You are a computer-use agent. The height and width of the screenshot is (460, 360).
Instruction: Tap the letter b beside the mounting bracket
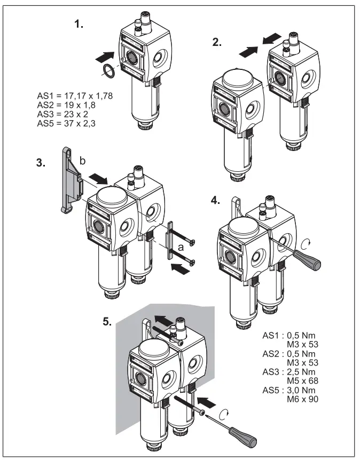(81, 160)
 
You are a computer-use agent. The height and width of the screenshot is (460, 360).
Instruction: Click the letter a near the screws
(182, 247)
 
